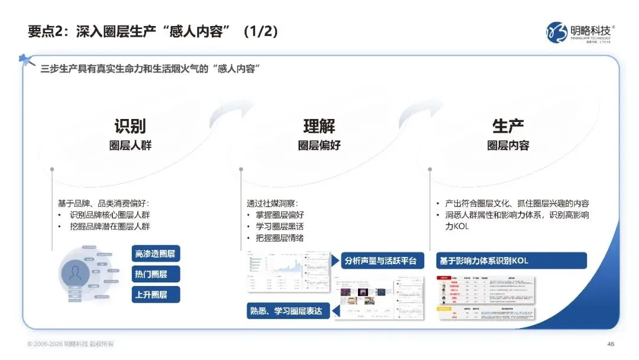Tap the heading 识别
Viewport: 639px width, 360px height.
click(130, 126)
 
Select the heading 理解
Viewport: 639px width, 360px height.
click(319, 126)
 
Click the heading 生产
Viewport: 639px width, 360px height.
click(508, 126)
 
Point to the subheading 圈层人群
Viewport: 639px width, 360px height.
click(130, 146)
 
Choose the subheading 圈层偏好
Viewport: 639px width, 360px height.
click(319, 146)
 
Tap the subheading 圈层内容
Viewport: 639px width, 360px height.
click(508, 146)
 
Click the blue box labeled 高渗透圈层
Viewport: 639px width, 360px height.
click(156, 254)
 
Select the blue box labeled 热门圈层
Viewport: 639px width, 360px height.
click(156, 274)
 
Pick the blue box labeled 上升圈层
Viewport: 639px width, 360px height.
click(156, 294)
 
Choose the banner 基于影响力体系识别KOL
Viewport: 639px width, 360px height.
click(511, 261)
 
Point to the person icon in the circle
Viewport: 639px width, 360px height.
click(76, 273)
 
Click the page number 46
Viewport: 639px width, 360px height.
click(611, 344)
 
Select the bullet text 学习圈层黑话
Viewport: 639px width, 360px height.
click(280, 227)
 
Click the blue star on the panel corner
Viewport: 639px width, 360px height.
click(25, 60)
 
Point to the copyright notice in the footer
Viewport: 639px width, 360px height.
click(70, 344)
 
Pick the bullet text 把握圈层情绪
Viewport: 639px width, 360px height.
click(280, 239)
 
